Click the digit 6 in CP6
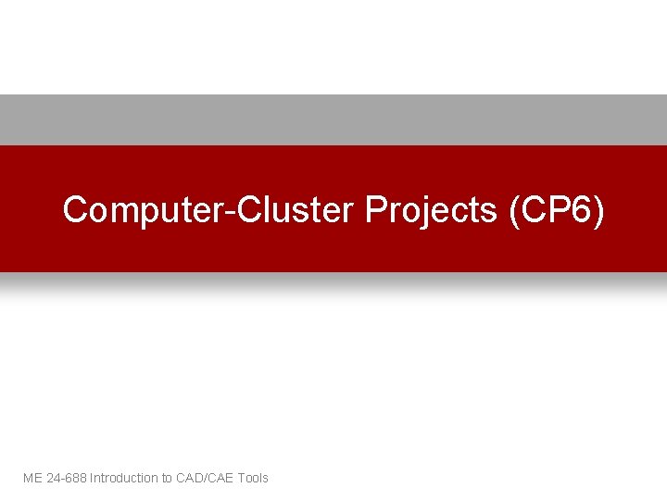tap(580, 210)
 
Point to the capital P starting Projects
tap(375, 210)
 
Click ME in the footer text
tap(32, 478)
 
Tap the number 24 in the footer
tap(53, 478)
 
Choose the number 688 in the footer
tap(76, 478)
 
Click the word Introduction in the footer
tap(124, 478)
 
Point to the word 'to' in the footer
tap(168, 478)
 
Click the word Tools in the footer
tap(253, 478)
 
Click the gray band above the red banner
tap(333, 119)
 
